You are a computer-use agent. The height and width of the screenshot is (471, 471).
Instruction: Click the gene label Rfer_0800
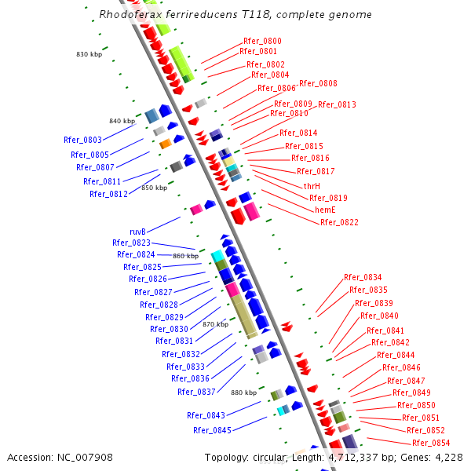(262, 41)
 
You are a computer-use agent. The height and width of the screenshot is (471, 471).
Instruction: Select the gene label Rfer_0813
(337, 104)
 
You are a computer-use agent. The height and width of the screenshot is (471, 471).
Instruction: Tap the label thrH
(312, 186)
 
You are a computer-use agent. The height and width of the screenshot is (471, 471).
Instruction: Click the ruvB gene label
(137, 232)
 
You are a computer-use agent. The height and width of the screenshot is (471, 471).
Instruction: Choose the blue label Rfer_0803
(82, 140)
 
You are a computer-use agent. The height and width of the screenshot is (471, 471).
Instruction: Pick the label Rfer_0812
(108, 194)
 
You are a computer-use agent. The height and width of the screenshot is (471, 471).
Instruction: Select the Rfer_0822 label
(339, 222)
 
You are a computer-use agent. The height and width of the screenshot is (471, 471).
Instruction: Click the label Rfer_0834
(363, 277)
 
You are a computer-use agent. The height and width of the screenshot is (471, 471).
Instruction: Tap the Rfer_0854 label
(431, 443)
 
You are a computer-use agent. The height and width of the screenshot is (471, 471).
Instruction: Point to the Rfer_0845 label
(212, 430)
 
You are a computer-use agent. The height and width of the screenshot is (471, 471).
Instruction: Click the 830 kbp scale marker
(89, 54)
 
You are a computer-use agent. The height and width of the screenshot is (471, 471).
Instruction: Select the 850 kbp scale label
(154, 188)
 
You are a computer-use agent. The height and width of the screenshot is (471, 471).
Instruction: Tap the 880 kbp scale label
(243, 392)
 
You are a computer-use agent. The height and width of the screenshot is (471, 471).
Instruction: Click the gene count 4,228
(447, 457)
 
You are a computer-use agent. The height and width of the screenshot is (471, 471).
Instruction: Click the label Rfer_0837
(196, 392)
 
